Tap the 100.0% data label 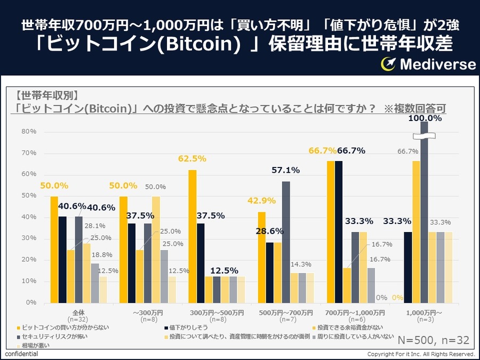click(x=425, y=118)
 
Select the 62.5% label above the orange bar click(x=192, y=158)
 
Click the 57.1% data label click(x=285, y=170)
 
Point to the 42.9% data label click(x=261, y=201)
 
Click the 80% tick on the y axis click(x=29, y=131)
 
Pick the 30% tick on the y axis click(x=29, y=238)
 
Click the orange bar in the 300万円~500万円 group click(x=192, y=236)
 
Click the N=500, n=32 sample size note click(x=434, y=339)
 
